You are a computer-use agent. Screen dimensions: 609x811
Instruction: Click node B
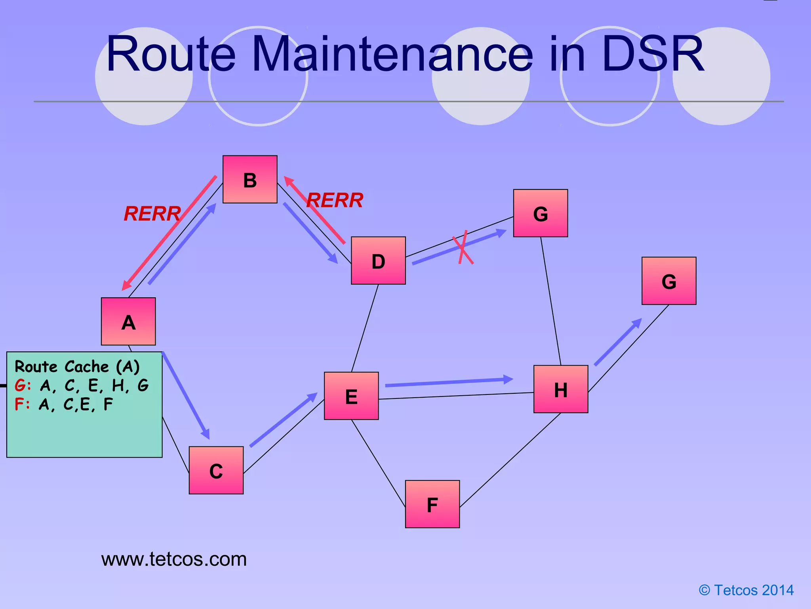pos(250,179)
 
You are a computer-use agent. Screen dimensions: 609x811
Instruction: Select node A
pos(128,321)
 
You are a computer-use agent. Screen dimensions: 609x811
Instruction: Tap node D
pos(378,260)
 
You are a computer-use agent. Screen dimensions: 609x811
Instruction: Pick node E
pos(351,396)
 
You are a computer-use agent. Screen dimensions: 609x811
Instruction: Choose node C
pos(216,470)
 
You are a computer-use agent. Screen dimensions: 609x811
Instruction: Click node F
pos(432,504)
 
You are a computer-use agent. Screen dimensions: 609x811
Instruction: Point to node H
pos(561,389)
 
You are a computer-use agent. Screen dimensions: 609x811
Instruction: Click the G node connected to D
pos(541,213)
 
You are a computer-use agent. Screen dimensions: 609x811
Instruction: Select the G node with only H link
pos(669,281)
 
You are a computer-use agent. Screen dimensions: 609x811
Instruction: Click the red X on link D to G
pos(463,247)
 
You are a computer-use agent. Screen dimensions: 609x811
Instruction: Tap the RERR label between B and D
pos(335,200)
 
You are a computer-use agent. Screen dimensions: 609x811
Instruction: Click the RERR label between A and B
pos(152,214)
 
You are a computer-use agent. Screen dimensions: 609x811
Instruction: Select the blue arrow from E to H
pos(449,382)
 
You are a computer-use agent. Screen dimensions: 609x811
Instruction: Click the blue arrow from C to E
pos(284,419)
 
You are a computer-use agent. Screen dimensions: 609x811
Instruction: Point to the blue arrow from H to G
pos(618,342)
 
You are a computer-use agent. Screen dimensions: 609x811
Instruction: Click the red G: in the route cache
pos(23,385)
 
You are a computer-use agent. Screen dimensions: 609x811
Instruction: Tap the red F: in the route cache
pos(22,404)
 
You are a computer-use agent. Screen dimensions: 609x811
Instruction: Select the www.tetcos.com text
pos(174,559)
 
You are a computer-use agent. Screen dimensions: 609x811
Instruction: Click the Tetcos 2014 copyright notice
pos(746,590)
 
